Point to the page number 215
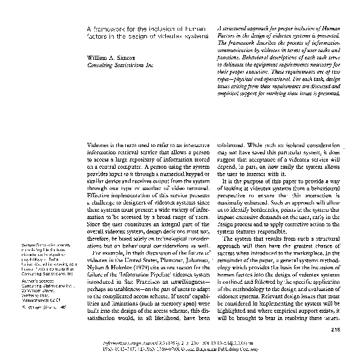[x=337, y=329]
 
